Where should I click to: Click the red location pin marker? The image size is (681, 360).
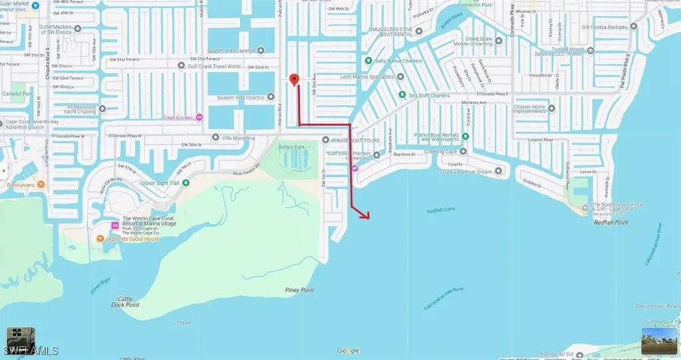pyautogui.click(x=296, y=80)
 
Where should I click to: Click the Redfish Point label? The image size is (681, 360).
pyautogui.click(x=611, y=223)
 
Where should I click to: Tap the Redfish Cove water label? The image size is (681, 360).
pyautogui.click(x=440, y=210)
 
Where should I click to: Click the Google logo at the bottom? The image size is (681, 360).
pyautogui.click(x=348, y=351)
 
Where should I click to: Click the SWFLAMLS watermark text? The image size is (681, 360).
pyautogui.click(x=31, y=351)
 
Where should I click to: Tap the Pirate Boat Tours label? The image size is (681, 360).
pyautogui.click(x=358, y=140)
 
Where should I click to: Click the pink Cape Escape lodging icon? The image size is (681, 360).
pyautogui.click(x=199, y=118)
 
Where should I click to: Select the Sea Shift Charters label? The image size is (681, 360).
pyautogui.click(x=430, y=96)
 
